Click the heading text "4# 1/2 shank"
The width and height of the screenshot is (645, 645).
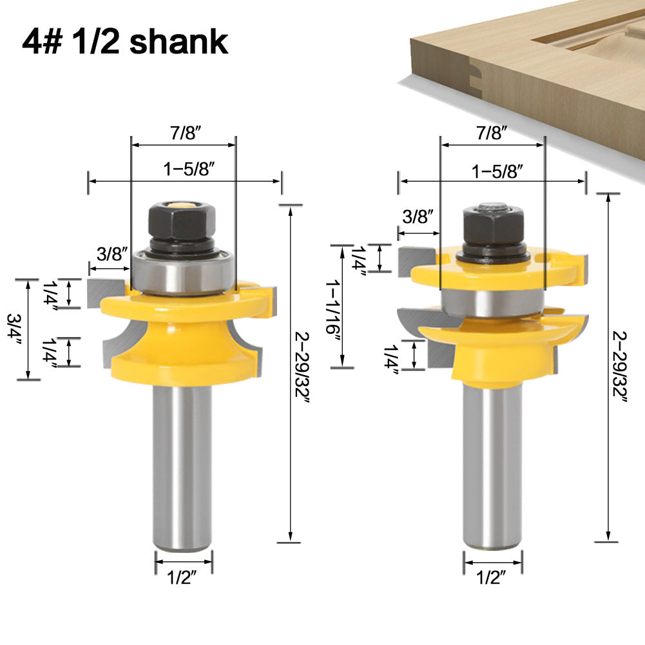point(126,41)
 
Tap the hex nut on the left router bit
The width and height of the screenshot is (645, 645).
point(182,222)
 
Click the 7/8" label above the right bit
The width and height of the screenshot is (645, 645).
point(491,133)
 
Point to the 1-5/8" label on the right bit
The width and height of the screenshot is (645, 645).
point(497,171)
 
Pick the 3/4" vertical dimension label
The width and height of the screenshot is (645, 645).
point(14,329)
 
